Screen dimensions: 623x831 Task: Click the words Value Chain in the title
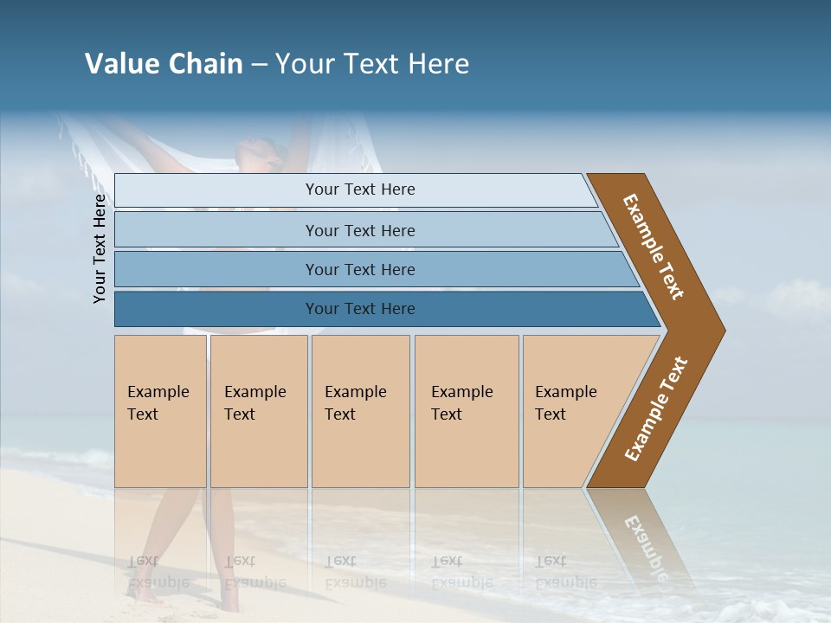pos(164,64)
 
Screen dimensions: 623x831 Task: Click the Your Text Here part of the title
pos(372,64)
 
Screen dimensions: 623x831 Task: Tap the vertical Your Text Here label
pos(100,248)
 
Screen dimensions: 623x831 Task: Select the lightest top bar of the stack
pos(355,190)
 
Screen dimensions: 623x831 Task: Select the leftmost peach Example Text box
pos(160,411)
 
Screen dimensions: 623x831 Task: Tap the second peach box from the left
pos(259,411)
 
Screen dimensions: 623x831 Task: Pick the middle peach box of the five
pos(360,411)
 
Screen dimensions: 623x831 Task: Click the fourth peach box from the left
pos(467,411)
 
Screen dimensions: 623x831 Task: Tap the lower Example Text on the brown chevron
pos(656,408)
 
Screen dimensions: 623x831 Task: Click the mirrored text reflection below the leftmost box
pos(158,571)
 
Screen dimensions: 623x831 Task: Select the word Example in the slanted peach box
pos(565,392)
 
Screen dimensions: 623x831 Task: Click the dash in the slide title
pos(259,65)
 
